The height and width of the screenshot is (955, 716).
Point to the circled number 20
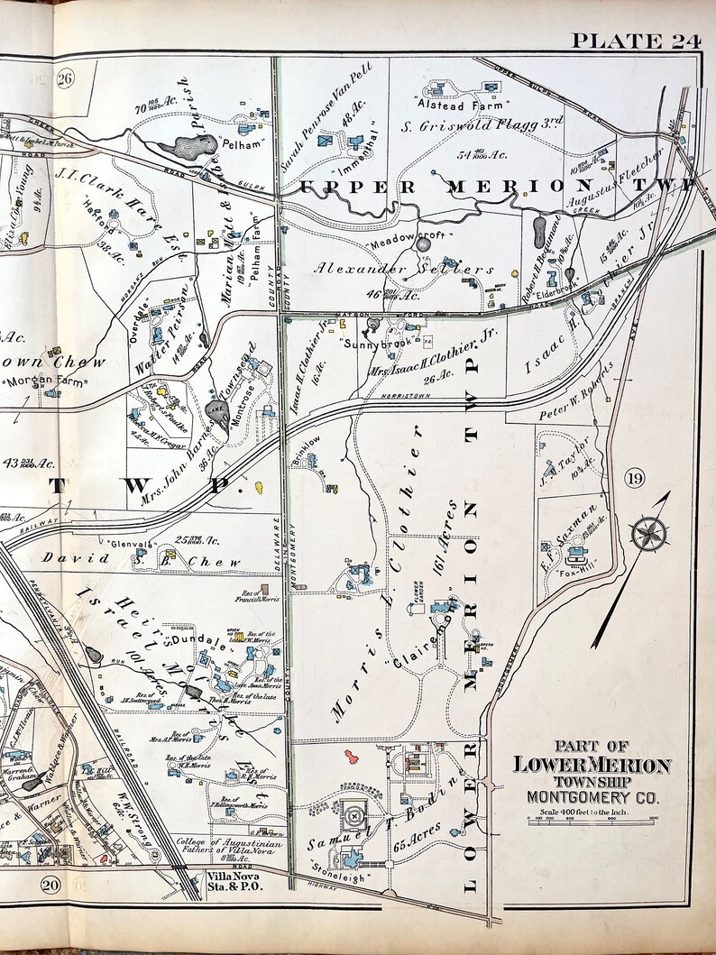(x=50, y=886)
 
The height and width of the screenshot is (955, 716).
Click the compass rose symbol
(x=647, y=534)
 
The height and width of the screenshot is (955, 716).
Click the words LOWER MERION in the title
(x=592, y=765)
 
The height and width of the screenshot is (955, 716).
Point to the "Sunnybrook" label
(x=371, y=344)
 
